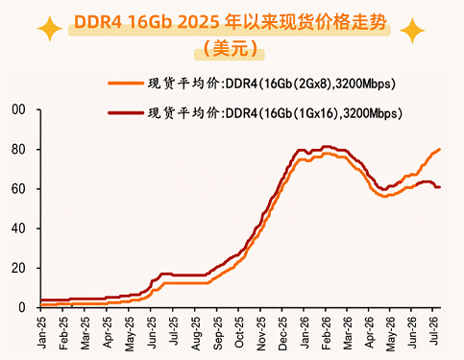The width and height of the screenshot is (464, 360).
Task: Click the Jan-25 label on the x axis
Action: [x=41, y=332]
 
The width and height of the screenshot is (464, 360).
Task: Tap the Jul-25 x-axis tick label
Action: [x=174, y=331]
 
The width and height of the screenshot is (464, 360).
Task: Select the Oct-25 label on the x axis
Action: [x=239, y=332]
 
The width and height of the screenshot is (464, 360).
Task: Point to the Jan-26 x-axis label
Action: [x=305, y=332]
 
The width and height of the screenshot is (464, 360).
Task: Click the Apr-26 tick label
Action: [x=370, y=332]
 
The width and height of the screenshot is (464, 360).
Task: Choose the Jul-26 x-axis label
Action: [x=434, y=331]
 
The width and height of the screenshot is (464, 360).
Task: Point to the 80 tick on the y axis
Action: [x=18, y=150]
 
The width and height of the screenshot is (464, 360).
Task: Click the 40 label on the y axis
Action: [x=18, y=228]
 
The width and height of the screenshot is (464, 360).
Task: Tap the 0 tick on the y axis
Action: [x=22, y=307]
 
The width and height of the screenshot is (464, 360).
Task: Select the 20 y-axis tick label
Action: [x=18, y=268]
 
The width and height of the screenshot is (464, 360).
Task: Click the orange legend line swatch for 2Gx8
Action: [x=126, y=84]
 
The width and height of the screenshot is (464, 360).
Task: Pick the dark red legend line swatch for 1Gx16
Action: [x=126, y=112]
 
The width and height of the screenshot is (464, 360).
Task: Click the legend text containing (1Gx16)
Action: [x=275, y=113]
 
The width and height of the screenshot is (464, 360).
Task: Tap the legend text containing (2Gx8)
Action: [x=272, y=84]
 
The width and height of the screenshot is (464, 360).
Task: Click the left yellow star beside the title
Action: [x=50, y=29]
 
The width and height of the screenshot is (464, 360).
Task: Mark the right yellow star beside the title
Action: [x=412, y=31]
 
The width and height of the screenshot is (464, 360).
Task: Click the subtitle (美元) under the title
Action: [x=231, y=49]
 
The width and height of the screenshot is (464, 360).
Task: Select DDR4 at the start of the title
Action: [x=98, y=22]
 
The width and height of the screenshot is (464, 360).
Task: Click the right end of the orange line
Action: [x=439, y=149]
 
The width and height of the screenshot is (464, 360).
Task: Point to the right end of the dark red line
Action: [x=439, y=187]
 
